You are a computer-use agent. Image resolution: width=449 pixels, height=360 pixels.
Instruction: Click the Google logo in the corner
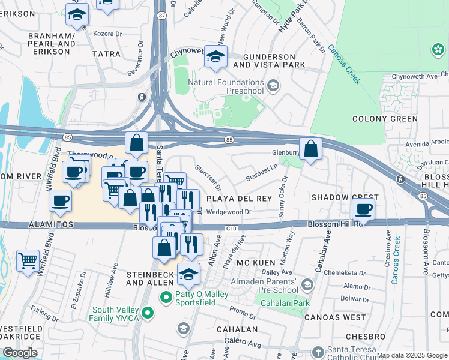pos(20,353)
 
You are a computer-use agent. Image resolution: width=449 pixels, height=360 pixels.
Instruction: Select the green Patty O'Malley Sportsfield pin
pos(167,297)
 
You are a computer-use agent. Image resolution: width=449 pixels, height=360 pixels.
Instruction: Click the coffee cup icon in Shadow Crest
pos(363,209)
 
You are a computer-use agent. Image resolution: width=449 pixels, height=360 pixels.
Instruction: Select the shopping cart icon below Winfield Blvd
pos(28,262)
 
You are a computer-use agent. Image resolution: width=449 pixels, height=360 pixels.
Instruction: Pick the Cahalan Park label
pos(285,304)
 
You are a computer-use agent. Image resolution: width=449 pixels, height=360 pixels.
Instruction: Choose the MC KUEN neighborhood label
pos(255,263)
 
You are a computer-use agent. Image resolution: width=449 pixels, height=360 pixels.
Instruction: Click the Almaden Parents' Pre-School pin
pos(308,284)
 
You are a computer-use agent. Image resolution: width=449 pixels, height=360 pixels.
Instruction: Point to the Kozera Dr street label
pos(107,34)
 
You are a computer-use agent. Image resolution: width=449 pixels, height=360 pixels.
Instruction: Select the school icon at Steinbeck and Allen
pos(189,274)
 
